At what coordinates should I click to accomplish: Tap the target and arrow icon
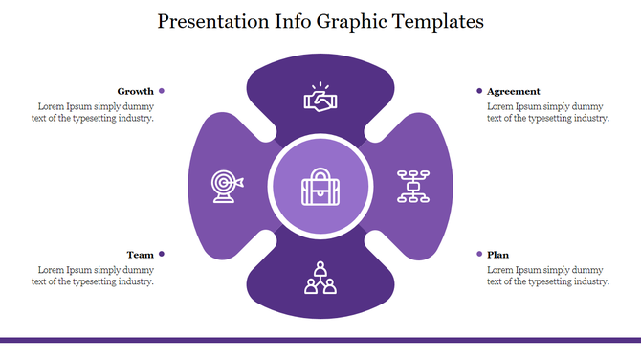(227, 186)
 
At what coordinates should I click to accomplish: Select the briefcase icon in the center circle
(320, 187)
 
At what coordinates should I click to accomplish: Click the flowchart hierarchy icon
(413, 186)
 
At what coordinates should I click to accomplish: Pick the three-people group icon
(320, 277)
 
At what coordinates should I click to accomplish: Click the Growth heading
(136, 91)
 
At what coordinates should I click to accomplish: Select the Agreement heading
(514, 91)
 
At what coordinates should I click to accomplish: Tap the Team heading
(141, 255)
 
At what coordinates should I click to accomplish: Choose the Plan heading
(498, 255)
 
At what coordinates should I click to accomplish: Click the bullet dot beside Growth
(162, 91)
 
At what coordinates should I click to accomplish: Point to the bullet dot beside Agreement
(479, 91)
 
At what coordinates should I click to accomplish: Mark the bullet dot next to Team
(162, 254)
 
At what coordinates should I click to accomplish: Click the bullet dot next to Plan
(479, 254)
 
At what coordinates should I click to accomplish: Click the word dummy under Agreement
(588, 106)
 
